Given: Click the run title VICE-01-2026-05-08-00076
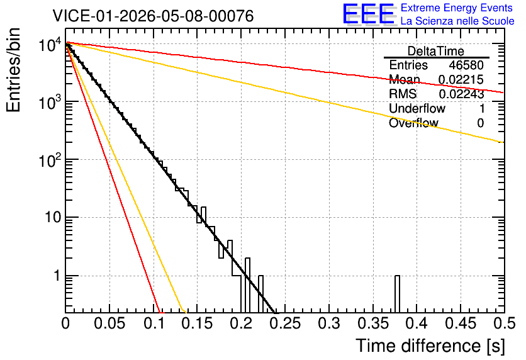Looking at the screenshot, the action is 153,16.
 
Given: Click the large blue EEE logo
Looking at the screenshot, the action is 368,14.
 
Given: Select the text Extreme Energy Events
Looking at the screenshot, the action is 456,8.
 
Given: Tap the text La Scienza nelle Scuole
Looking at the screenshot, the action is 457,21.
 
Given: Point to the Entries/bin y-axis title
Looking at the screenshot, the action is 13,70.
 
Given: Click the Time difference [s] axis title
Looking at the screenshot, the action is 430,346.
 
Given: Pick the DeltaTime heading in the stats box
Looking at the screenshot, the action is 435,52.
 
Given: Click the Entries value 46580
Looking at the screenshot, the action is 466,65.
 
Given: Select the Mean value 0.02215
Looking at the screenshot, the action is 461,79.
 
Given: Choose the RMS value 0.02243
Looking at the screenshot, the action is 461,94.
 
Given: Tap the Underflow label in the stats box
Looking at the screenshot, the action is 417,108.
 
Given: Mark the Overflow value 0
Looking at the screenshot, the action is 480,123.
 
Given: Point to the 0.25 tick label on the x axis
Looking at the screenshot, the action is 285,323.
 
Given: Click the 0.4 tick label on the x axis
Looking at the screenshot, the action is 417,323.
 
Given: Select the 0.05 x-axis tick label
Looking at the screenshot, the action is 109,323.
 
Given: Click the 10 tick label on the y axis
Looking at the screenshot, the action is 53,217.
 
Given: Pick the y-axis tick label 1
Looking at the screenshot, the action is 57,276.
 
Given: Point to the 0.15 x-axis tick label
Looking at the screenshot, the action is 198,323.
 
